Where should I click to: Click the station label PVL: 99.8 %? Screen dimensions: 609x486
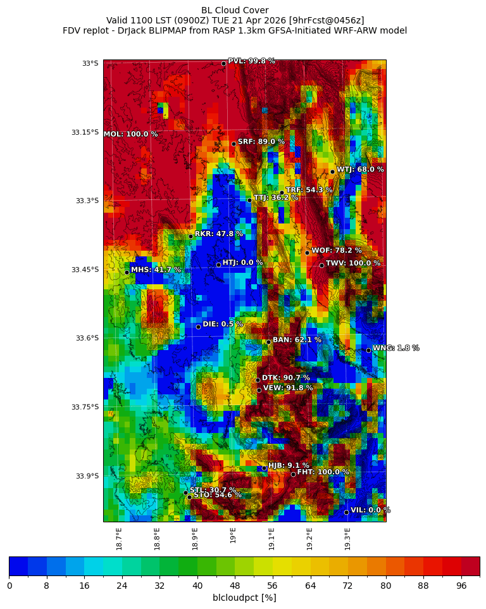pyautogui.click(x=251, y=61)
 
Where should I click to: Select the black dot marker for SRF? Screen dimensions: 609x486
pyautogui.click(x=234, y=144)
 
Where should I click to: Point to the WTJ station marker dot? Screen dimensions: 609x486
pyautogui.click(x=332, y=172)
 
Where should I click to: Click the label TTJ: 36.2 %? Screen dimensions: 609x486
pyautogui.click(x=275, y=198)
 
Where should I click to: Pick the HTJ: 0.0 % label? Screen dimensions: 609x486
pyautogui.click(x=242, y=263)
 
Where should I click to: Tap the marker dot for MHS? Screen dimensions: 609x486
pyautogui.click(x=127, y=272)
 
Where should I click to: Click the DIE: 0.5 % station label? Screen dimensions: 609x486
pyautogui.click(x=223, y=324)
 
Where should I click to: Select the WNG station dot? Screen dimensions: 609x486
pyautogui.click(x=368, y=350)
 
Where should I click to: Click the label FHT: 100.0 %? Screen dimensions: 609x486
pyautogui.click(x=323, y=472)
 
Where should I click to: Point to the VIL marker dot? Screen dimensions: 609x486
pyautogui.click(x=346, y=512)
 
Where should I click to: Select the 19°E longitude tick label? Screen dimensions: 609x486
pyautogui.click(x=234, y=536)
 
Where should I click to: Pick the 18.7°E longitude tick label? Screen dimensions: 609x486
pyautogui.click(x=119, y=539)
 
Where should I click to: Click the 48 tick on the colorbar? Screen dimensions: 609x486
pyautogui.click(x=235, y=586)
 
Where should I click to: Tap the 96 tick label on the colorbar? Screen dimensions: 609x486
pyautogui.click(x=461, y=586)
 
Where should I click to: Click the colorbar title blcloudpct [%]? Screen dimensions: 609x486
pyautogui.click(x=244, y=598)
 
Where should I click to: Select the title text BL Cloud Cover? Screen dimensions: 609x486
pyautogui.click(x=235, y=10)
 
